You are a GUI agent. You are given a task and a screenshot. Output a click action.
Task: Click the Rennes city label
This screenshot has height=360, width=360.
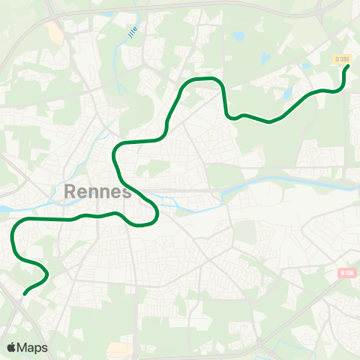[98, 191]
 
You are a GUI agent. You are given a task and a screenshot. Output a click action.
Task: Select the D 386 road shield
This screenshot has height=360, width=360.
[342, 58]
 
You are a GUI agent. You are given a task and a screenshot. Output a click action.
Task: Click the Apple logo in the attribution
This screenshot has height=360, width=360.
[12, 347]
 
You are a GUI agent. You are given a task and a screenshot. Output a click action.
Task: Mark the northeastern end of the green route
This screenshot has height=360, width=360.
[348, 67]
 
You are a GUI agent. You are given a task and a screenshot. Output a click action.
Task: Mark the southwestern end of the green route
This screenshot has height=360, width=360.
[25, 294]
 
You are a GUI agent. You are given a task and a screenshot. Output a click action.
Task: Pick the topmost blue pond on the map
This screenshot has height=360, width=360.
[238, 35]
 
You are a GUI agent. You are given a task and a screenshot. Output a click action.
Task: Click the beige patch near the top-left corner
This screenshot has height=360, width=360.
[54, 31]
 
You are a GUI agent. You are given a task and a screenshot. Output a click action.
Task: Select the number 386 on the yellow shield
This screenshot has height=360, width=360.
[345, 58]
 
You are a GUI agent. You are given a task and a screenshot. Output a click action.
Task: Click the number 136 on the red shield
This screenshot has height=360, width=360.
[348, 273]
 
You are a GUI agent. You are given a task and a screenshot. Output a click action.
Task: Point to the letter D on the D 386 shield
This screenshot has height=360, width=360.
[337, 58]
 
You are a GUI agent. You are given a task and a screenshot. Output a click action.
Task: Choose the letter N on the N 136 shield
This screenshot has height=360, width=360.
[340, 273]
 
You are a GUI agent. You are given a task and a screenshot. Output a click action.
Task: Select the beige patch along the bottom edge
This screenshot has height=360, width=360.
[118, 349]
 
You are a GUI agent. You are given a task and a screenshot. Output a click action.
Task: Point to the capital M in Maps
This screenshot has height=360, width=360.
[23, 347]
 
